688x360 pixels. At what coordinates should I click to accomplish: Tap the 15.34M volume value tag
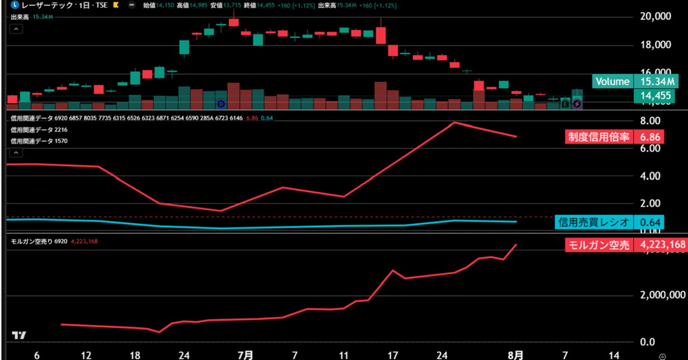coord(656,82)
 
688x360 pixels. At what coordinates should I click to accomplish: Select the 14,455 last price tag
coord(656,96)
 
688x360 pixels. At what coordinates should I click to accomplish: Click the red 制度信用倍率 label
coord(599,136)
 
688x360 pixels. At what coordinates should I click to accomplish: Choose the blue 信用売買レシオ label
coord(594,222)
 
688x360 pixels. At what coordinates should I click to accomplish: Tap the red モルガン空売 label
coord(599,245)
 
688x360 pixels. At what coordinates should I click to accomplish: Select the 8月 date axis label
coord(515,355)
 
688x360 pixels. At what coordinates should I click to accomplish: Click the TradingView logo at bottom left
coord(19,335)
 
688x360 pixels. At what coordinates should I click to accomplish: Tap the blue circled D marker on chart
coord(221,103)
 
